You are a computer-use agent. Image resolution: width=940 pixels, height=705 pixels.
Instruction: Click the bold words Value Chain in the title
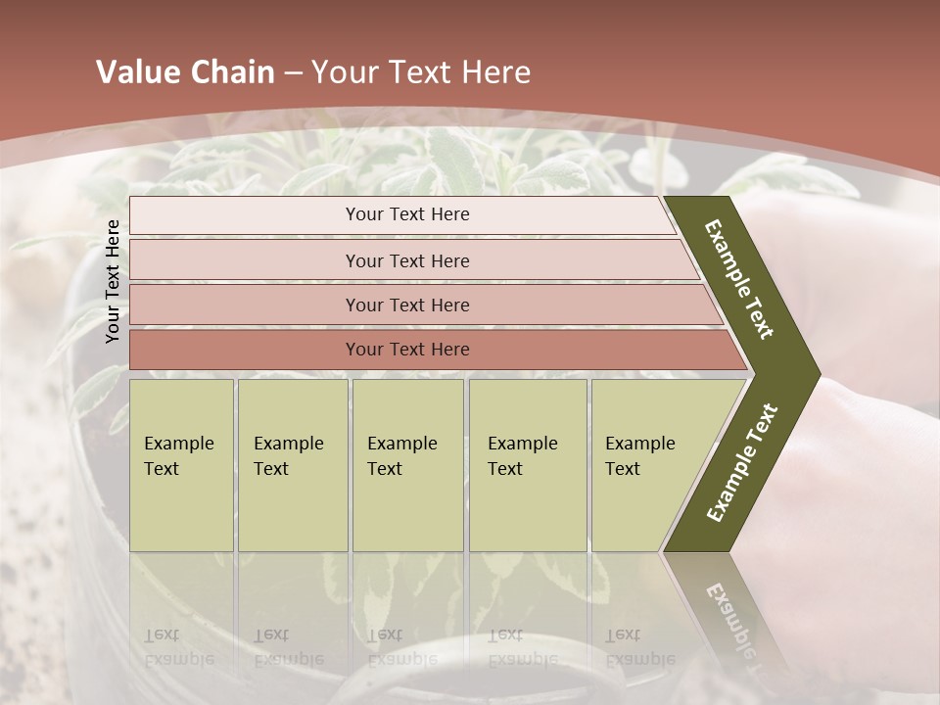point(185,72)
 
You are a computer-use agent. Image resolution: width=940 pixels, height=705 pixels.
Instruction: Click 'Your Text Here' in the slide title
point(422,72)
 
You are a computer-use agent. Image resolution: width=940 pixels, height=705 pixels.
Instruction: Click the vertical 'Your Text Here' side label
point(113,281)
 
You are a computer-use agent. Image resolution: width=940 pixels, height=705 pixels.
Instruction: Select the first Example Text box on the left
point(181,465)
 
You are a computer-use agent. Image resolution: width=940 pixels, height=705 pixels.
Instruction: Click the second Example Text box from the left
point(292,465)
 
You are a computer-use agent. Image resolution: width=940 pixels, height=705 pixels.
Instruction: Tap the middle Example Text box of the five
point(407,465)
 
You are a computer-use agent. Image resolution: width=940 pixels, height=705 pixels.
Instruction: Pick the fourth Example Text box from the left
point(527,465)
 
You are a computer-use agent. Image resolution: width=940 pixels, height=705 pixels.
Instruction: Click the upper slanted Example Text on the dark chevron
point(739,279)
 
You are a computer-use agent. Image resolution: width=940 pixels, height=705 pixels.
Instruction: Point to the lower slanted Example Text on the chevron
point(741,463)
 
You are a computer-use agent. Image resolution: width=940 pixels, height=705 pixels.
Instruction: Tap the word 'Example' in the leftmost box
point(178,444)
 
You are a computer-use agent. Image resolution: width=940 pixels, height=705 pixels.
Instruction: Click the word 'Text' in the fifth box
point(622,469)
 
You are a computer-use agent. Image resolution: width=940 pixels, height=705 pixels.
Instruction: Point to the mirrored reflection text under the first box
point(178,647)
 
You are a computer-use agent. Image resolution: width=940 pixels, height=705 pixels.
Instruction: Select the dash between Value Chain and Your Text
point(293,73)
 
